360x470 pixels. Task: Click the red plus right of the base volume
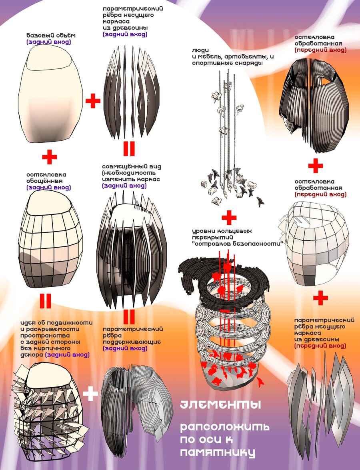93,101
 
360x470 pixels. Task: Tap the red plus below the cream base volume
50,157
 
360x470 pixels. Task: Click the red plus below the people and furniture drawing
229,218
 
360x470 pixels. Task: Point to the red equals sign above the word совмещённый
129,149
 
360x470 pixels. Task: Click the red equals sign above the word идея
45,301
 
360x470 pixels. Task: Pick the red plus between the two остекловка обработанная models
316,166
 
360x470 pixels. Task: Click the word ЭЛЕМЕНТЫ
220,405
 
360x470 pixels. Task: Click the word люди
200,50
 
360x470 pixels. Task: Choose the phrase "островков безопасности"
238,244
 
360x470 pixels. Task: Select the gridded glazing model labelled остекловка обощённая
50,240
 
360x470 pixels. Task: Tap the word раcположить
224,427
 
